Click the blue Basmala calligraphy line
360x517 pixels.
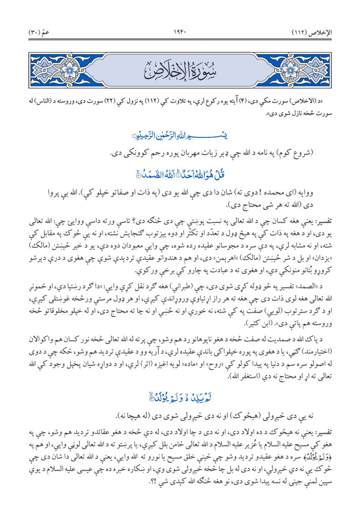tap(180, 135)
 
